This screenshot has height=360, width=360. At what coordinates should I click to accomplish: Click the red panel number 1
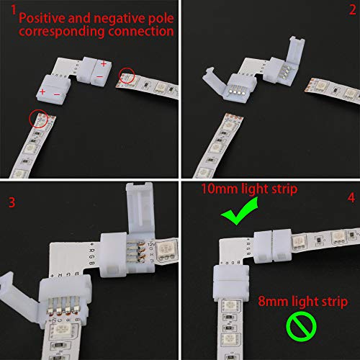6,9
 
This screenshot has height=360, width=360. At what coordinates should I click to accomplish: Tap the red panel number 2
351,11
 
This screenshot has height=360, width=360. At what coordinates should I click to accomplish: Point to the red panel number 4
351,197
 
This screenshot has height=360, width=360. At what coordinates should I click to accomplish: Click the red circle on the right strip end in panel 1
127,73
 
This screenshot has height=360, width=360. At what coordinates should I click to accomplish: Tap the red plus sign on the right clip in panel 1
104,63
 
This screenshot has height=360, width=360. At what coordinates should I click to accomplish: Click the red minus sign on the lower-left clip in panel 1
58,92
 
